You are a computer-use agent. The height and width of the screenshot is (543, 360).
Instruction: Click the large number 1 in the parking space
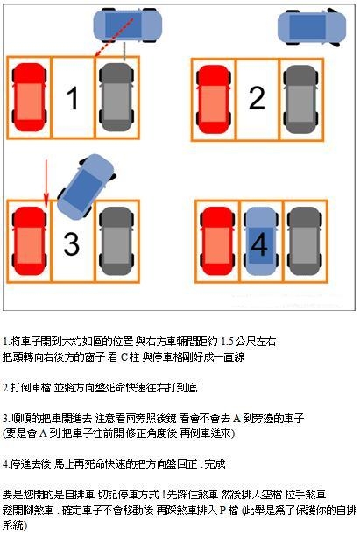click(73, 98)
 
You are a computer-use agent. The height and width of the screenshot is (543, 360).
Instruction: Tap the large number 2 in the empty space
click(257, 98)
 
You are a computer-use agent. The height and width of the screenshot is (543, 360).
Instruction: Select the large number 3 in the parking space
click(71, 243)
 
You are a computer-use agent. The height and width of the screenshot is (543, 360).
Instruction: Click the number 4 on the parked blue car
click(259, 243)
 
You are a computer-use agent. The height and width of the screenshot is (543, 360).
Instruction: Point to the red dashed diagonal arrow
click(114, 38)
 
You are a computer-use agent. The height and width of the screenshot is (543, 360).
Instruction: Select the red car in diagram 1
click(29, 97)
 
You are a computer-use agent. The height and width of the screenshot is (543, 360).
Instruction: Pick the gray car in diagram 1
click(116, 97)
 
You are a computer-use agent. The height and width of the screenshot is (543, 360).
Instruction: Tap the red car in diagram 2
click(214, 100)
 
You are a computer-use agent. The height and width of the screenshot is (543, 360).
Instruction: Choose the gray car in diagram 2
click(300, 100)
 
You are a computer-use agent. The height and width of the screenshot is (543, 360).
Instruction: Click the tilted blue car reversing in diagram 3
click(86, 187)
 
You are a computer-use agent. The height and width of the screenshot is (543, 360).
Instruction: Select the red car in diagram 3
click(29, 241)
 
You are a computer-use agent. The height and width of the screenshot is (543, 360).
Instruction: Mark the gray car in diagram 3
click(116, 241)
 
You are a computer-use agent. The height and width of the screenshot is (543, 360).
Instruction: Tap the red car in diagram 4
click(217, 241)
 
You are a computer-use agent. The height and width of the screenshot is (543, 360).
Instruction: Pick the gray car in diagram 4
click(305, 241)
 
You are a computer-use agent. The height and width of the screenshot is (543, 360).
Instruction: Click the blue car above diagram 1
click(128, 25)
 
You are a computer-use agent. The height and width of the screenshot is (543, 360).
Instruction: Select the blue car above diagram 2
click(312, 27)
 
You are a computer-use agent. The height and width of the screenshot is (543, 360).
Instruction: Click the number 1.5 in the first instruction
click(227, 342)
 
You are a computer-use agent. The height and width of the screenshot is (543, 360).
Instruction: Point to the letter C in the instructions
click(124, 356)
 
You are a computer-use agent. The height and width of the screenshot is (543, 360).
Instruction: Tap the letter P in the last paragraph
click(222, 510)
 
